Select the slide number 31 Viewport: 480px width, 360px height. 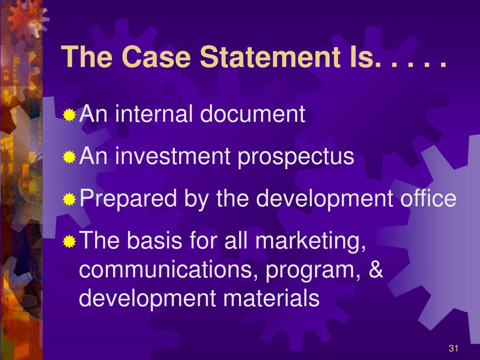[x=453, y=348]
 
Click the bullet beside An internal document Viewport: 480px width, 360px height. [x=70, y=115]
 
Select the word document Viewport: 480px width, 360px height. [x=253, y=114]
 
